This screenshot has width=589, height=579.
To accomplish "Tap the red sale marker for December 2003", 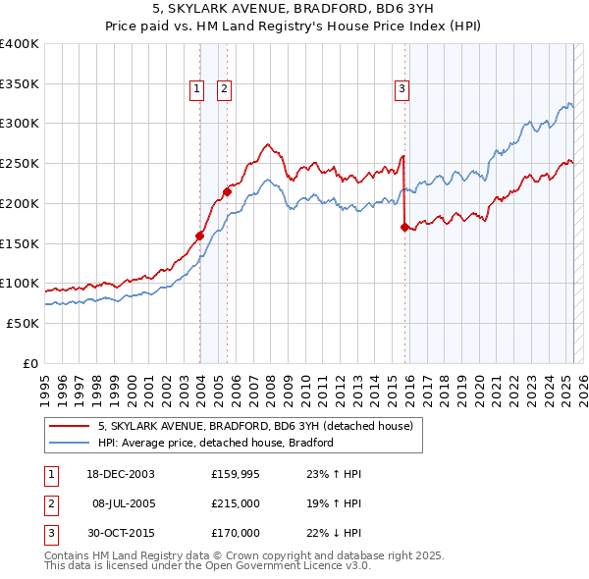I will click(x=199, y=236).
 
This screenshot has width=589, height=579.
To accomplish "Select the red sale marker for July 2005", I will click(x=227, y=192).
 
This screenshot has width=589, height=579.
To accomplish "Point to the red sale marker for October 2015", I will click(x=404, y=227).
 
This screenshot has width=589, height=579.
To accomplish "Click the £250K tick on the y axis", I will click(x=19, y=164).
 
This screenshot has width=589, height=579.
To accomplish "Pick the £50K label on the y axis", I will click(x=23, y=323).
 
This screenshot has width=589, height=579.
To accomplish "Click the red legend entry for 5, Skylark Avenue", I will click(x=260, y=426).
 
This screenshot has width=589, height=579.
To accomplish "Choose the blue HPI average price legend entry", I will click(x=215, y=443).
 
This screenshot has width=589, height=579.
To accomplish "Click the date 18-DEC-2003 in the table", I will click(x=121, y=474).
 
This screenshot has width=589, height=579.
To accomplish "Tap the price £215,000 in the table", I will click(x=236, y=503).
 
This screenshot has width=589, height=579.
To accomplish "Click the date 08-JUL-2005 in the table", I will click(x=123, y=503).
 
